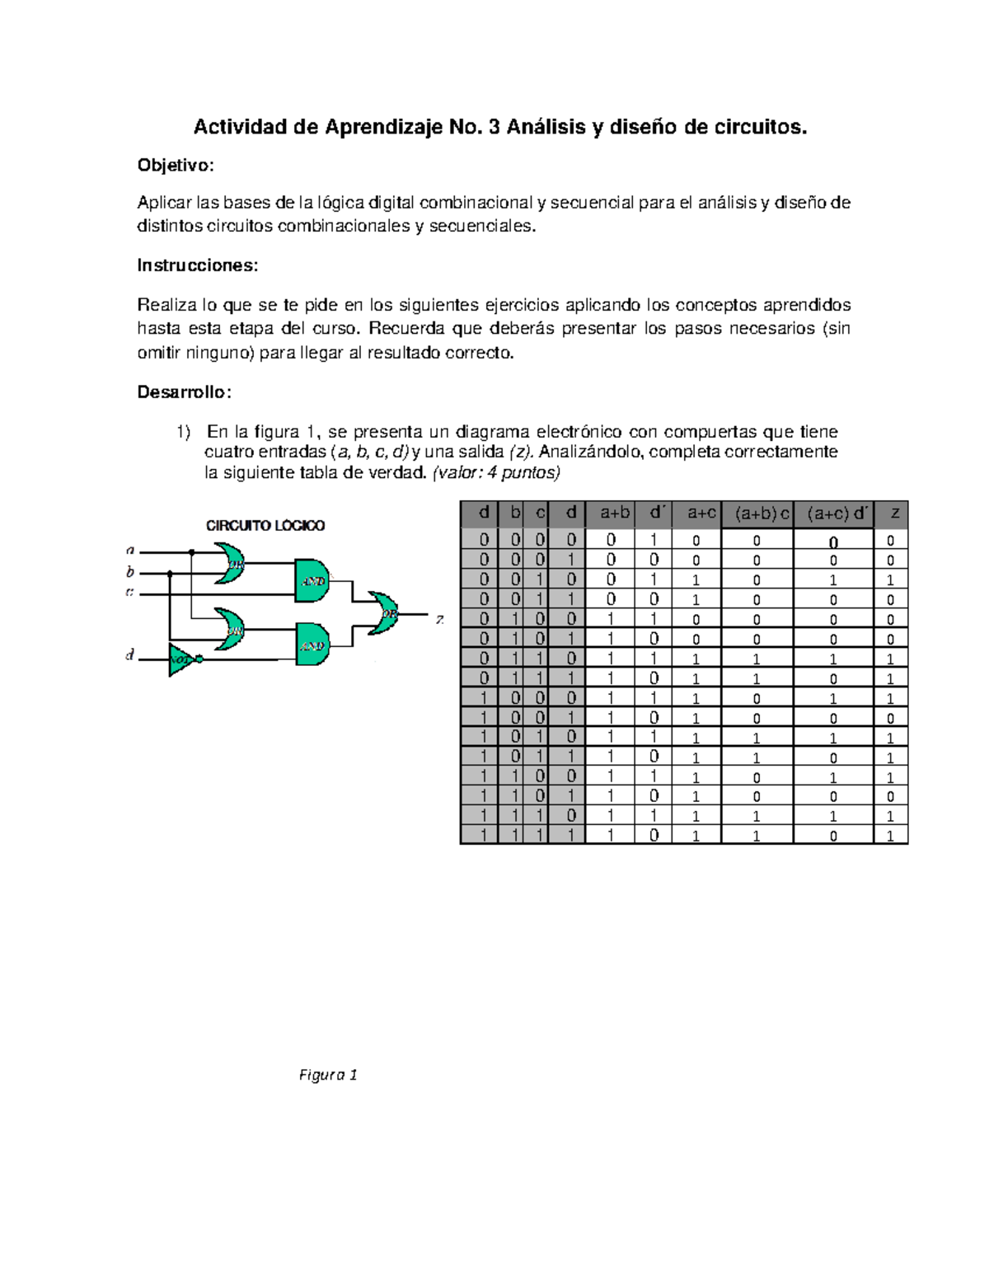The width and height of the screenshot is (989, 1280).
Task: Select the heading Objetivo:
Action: click(x=175, y=166)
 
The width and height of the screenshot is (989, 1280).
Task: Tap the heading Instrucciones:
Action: click(x=197, y=265)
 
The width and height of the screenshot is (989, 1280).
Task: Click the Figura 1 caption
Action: click(x=328, y=1075)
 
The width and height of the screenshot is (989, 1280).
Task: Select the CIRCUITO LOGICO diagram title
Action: click(x=265, y=525)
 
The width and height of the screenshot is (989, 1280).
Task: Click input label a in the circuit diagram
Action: click(x=129, y=549)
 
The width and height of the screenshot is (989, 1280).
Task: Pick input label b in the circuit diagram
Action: click(x=129, y=571)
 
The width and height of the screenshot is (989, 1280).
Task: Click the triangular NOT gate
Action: click(x=183, y=659)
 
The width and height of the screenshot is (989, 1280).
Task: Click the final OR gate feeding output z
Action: click(x=384, y=613)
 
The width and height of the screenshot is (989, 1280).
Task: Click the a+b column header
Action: click(x=615, y=513)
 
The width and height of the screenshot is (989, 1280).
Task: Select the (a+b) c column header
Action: click(x=757, y=513)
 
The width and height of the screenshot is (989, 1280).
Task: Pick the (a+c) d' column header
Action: click(x=834, y=513)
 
